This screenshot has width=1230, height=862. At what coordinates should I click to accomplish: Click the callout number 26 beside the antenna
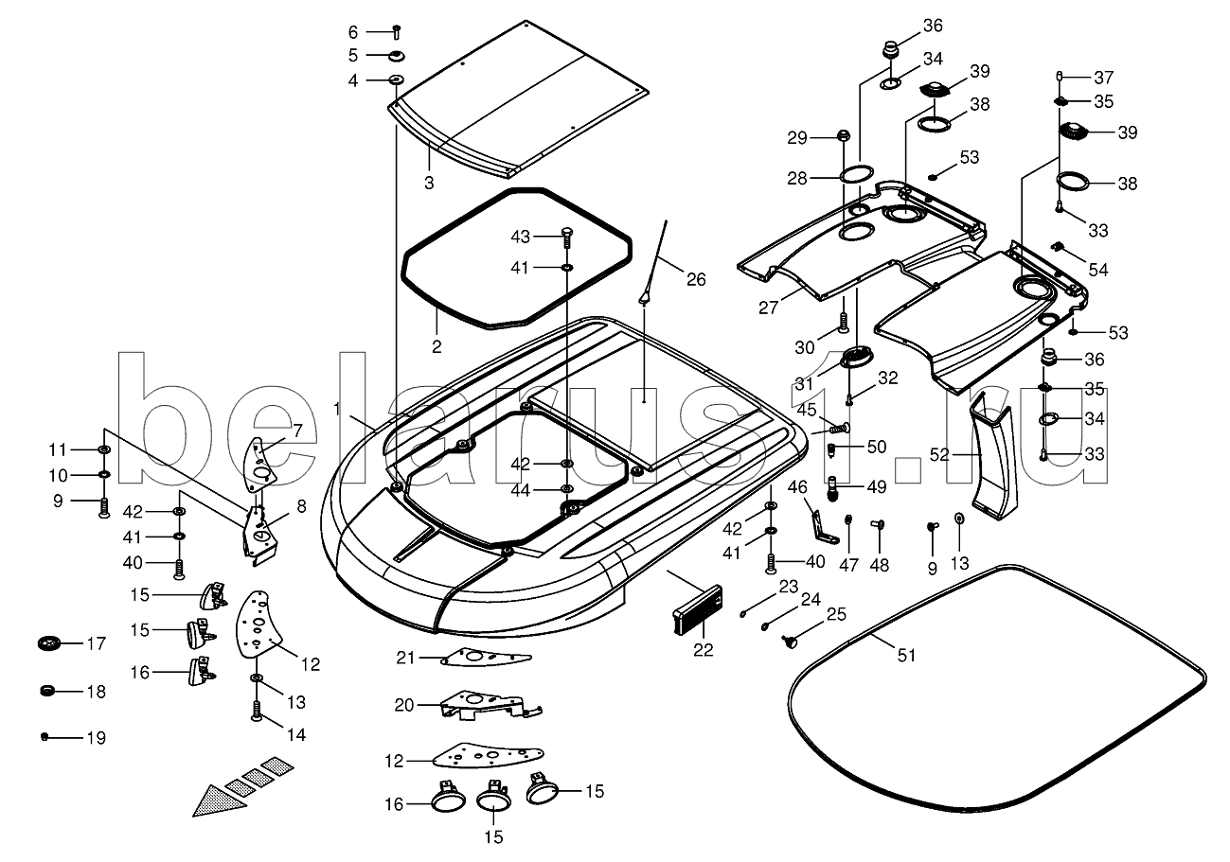(x=696, y=279)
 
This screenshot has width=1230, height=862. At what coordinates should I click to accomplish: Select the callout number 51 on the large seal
(x=907, y=655)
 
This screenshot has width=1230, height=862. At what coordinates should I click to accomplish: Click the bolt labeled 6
(x=396, y=31)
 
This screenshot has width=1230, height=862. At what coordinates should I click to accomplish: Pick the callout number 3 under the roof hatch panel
(x=429, y=183)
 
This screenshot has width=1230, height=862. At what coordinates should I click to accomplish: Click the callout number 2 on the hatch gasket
(x=437, y=347)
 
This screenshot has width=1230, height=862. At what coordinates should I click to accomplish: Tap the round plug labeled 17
(x=48, y=644)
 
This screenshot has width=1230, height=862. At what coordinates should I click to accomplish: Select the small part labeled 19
(x=45, y=736)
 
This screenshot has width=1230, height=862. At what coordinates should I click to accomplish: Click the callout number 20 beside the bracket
(x=404, y=705)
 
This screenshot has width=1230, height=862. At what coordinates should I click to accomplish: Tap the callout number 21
(x=405, y=658)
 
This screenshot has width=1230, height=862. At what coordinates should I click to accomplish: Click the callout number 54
(x=1097, y=270)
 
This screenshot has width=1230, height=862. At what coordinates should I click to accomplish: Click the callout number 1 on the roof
(x=336, y=408)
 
